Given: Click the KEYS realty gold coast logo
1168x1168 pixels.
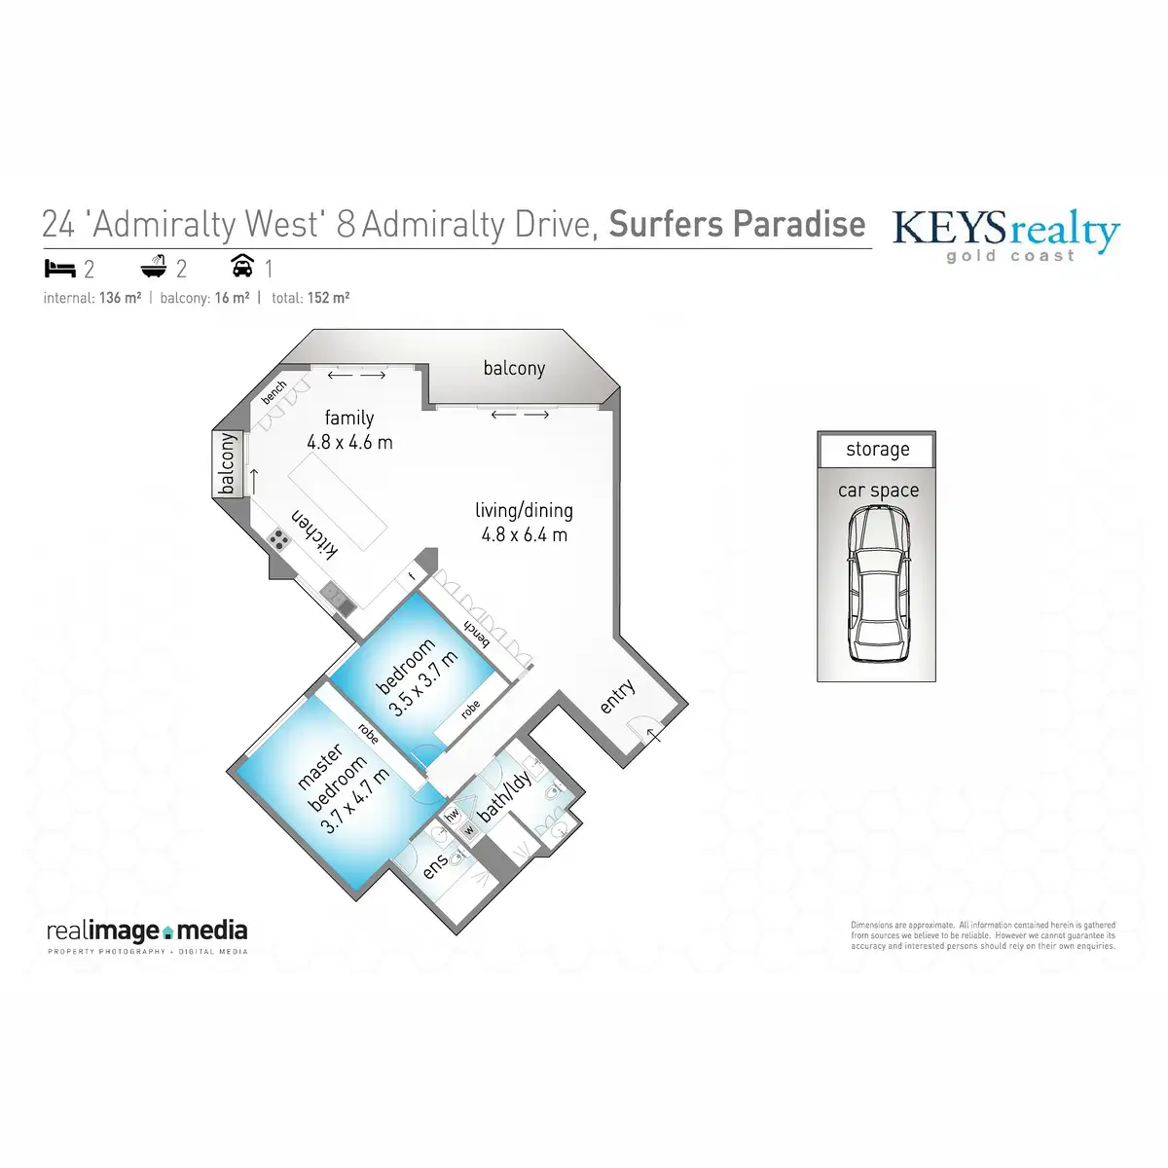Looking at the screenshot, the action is coord(1005,234).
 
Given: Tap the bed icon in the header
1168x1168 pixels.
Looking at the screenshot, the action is coord(57,267).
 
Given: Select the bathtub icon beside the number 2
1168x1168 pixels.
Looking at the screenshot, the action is coord(154,267).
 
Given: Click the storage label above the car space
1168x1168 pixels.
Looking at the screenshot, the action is coord(877,450).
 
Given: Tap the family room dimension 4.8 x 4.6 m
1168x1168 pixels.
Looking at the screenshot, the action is coord(349,442).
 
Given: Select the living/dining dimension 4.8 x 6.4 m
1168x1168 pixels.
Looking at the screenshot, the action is coord(524,534).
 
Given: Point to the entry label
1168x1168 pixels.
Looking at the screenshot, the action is coord(617,696).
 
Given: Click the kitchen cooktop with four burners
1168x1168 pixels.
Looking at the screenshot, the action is coord(280,540).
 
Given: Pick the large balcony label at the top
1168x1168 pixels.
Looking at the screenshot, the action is coord(514,368).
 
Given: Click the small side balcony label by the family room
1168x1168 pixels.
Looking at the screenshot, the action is coord(227,464).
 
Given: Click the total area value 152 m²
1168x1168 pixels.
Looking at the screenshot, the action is coord(328,298).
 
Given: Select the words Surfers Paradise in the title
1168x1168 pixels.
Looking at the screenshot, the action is coord(737,225).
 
